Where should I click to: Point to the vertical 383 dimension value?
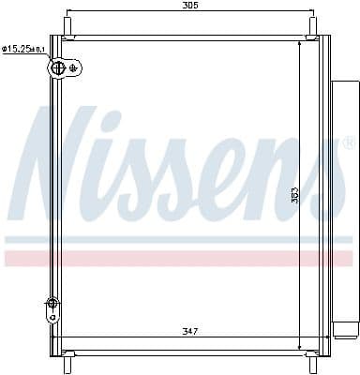[x=293, y=195]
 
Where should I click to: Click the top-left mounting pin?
[x=67, y=25]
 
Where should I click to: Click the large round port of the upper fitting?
[x=59, y=67]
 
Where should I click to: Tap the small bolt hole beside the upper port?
[x=75, y=66]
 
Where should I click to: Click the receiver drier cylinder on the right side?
[x=343, y=206]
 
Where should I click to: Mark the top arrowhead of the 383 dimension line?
[x=299, y=42]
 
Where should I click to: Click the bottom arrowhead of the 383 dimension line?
[x=299, y=346]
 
